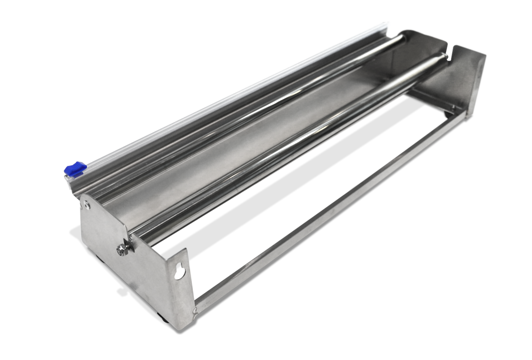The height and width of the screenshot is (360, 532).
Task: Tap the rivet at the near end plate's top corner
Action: click(86, 204)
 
